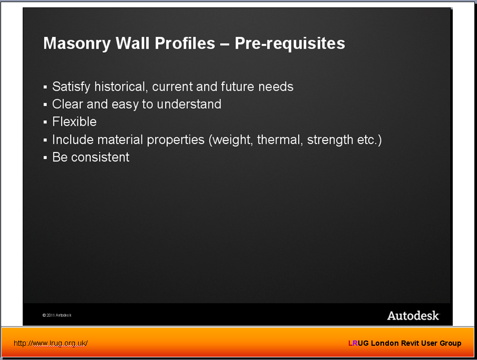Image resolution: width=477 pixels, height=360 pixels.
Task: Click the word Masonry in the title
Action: coord(77,43)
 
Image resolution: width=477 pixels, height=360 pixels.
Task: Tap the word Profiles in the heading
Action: coord(185,43)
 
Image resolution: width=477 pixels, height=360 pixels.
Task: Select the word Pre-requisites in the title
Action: coord(290,43)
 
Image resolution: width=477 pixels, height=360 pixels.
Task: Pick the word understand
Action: coord(189,104)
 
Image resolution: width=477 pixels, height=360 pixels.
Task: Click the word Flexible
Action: coord(74,122)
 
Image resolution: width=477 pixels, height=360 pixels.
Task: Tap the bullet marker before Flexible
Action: coord(45,122)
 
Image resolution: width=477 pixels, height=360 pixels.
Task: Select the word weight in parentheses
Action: coord(231,140)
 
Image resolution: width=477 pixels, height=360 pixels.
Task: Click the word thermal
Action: coord(280,140)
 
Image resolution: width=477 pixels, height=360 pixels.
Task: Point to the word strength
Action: coord(330,140)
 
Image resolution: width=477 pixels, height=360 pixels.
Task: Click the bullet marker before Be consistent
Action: coord(45,158)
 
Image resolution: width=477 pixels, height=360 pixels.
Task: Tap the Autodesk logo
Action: coord(414,316)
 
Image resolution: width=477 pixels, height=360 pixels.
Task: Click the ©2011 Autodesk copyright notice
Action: coord(57,315)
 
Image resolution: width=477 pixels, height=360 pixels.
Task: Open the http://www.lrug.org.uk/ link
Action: coord(51,343)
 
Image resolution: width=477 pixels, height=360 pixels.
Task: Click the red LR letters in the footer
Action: coord(353,343)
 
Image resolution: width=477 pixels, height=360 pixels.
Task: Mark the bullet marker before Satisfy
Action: coord(45,87)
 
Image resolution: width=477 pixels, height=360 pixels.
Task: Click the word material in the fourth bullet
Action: coord(120,140)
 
